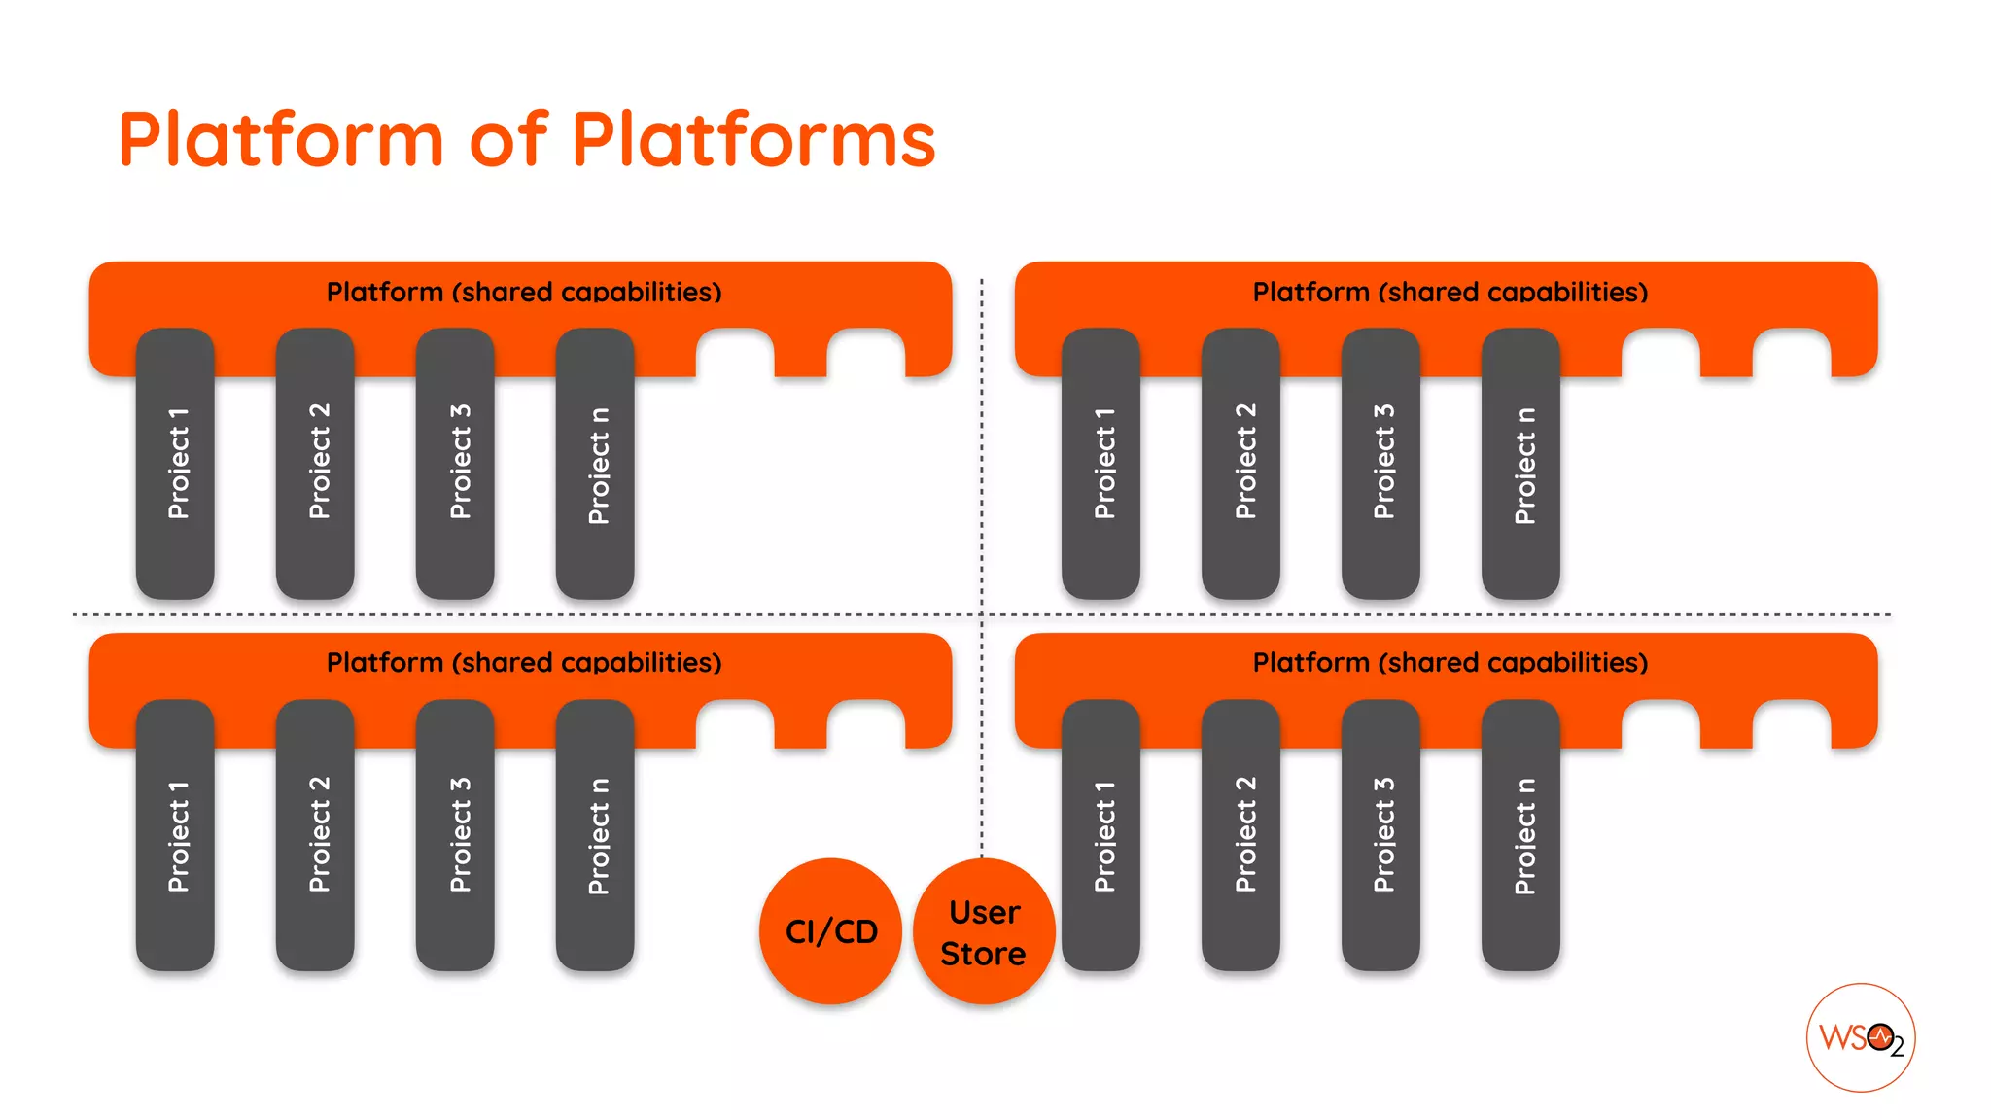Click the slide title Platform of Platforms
pos(526,139)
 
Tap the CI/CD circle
pos(831,930)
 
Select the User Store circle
pos(983,931)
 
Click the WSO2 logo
pos(1860,1037)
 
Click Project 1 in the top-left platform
pos(176,463)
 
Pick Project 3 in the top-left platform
pos(456,463)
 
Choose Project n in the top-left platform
pos(596,463)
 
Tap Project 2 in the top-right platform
pos(1241,463)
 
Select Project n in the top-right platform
pos(1521,463)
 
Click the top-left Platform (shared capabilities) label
pos(524,292)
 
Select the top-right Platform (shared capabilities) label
pos(1450,292)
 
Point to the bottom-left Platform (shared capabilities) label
pos(524,663)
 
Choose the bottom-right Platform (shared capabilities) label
pos(1450,663)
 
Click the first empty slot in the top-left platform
pos(735,355)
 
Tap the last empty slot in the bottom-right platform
pos(1792,726)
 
